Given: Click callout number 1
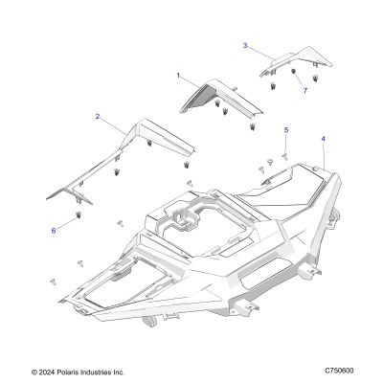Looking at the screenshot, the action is tap(178, 76).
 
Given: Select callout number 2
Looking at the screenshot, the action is tap(98, 117).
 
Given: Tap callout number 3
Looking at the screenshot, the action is tap(245, 45).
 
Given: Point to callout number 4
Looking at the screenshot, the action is tap(324, 139).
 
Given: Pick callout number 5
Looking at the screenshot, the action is tap(286, 129).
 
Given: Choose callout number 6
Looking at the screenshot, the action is tap(54, 231).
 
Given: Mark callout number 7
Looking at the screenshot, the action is tap(305, 90).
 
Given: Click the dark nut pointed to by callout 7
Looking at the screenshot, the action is tap(292, 71).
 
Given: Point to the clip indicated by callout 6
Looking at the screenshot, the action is tap(78, 215).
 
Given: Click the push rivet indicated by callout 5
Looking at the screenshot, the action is tap(284, 155).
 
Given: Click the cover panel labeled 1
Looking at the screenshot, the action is tap(221, 98).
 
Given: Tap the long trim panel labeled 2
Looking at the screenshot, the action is tap(122, 161).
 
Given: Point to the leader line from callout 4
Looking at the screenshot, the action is tap(324, 155).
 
